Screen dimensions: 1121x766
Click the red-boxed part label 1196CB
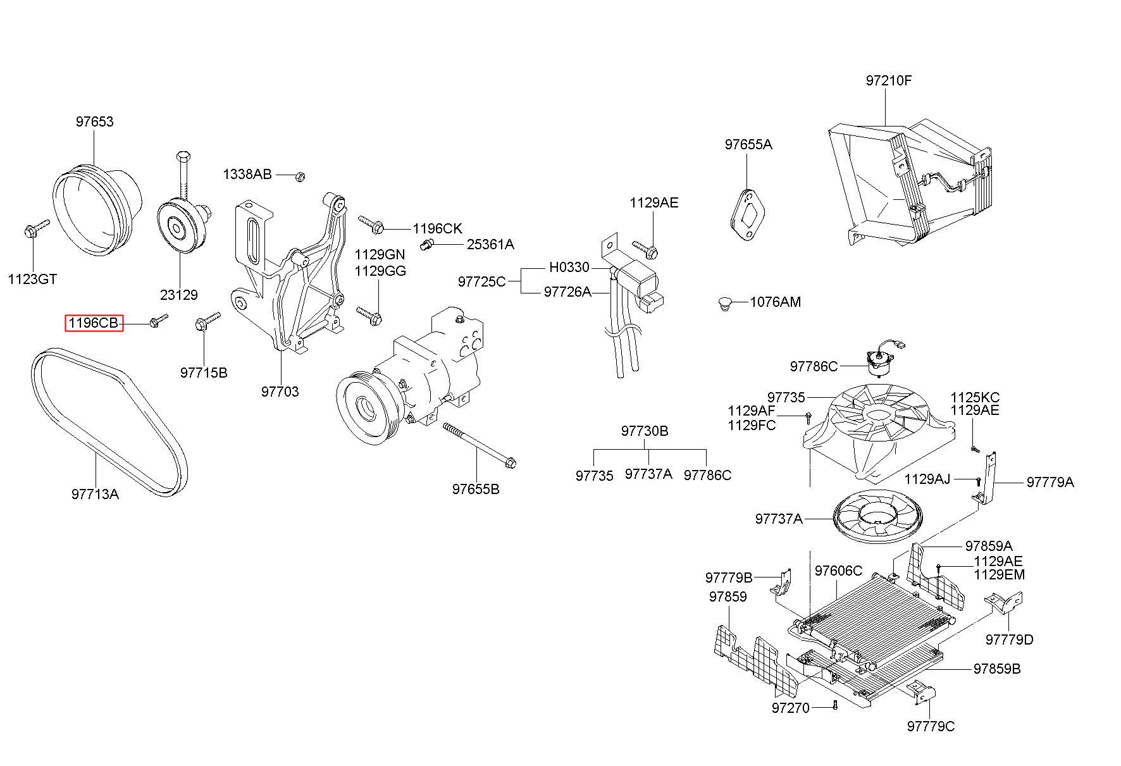pyautogui.click(x=94, y=323)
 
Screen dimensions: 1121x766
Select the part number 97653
pyautogui.click(x=95, y=121)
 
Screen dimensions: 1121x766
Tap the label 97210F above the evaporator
pyautogui.click(x=889, y=81)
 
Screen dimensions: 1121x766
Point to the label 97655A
pyautogui.click(x=748, y=144)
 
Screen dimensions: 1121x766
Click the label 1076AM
pyautogui.click(x=776, y=302)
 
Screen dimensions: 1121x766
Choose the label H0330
pyautogui.click(x=569, y=268)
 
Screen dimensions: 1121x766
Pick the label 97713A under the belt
pyautogui.click(x=95, y=494)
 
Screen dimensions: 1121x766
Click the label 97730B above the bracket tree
pyautogui.click(x=645, y=431)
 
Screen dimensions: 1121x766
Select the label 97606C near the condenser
pyautogui.click(x=838, y=571)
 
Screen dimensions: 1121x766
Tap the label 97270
pyautogui.click(x=791, y=708)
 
